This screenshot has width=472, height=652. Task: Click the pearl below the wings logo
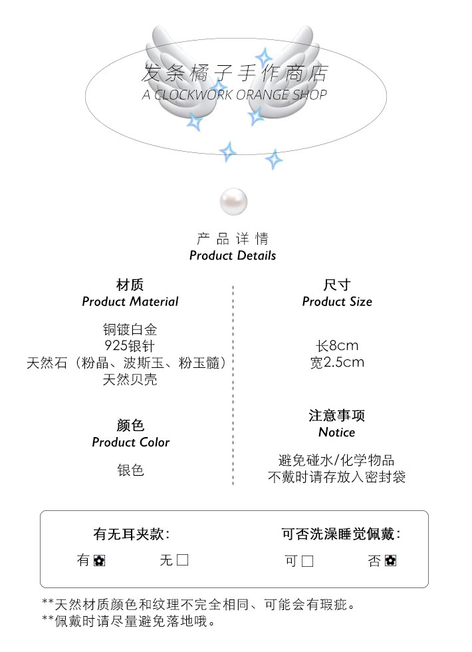[233, 201]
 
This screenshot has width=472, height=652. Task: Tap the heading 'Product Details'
[233, 255]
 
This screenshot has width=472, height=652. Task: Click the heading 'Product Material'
[130, 301]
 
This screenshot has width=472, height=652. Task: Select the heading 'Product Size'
[337, 301]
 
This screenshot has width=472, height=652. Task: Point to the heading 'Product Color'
[130, 442]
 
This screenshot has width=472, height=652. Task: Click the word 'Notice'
[337, 432]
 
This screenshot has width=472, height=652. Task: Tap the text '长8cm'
[337, 346]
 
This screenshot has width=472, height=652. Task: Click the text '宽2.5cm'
[337, 363]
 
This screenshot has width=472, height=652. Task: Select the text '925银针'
[130, 345]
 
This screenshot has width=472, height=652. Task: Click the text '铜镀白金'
[130, 329]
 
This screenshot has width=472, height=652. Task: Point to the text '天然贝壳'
[130, 380]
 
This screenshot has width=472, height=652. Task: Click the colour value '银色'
[130, 470]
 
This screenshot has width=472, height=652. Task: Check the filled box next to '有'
[99, 560]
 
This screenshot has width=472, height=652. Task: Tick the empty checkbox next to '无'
[182, 560]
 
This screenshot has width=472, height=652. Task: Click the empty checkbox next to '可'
[307, 561]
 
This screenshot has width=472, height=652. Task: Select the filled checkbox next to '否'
[390, 561]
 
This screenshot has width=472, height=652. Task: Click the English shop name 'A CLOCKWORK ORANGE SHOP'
[235, 95]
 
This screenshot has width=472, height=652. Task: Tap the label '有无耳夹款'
[131, 534]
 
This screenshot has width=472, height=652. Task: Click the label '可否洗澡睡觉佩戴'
[340, 534]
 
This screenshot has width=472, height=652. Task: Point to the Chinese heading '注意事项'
[337, 416]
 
